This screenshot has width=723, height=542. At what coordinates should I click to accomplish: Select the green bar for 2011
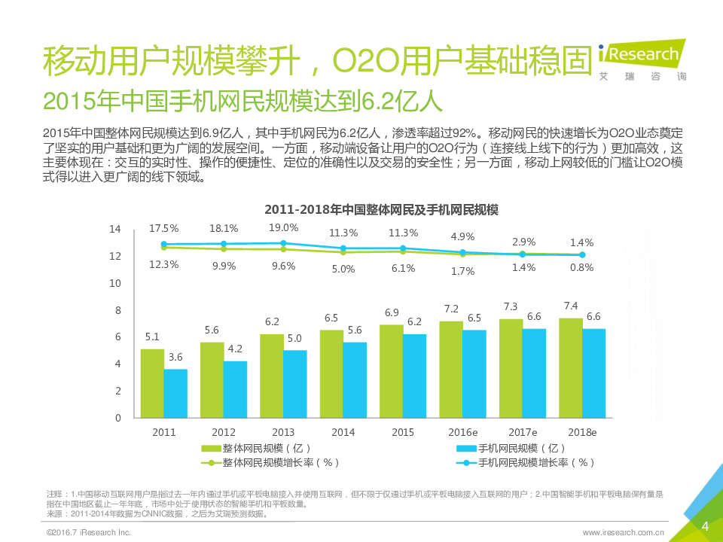pos(152,383)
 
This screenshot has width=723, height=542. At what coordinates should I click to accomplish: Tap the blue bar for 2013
pos(294,384)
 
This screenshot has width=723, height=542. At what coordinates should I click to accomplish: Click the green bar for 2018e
pos(571,368)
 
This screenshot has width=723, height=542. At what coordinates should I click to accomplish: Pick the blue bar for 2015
pos(414,376)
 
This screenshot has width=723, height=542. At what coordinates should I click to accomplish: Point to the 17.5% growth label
pos(163,228)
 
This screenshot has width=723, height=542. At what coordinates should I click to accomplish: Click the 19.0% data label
pos(283,227)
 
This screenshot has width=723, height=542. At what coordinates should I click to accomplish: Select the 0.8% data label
pos(582,267)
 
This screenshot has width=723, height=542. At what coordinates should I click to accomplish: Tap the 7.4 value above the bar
pos(570,306)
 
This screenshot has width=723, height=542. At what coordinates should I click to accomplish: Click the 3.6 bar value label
pos(175,357)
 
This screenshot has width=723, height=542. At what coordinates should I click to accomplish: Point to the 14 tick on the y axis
pos(114,229)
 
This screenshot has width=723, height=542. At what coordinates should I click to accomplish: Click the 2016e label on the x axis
pos(463,433)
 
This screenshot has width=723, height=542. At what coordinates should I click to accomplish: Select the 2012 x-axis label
pos(223,433)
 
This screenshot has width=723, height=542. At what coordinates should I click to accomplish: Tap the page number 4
pos(705,525)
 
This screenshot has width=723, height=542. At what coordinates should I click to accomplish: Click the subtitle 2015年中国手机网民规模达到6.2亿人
pos(243,101)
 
